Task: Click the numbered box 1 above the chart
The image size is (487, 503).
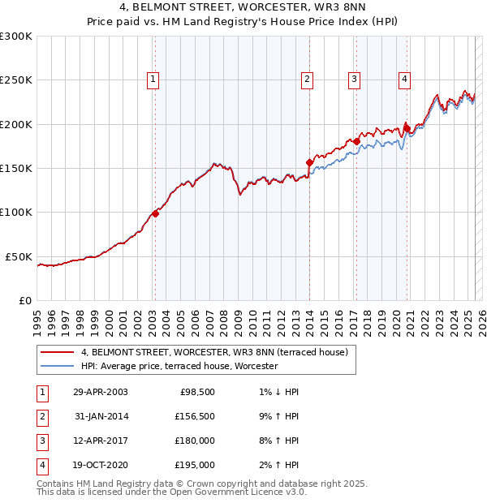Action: pos(153,79)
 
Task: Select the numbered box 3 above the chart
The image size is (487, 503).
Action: pos(355,79)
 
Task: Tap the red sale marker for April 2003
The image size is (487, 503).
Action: pos(155,214)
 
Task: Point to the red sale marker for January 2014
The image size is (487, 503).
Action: pos(309,162)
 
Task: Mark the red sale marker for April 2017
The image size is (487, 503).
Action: pos(356,141)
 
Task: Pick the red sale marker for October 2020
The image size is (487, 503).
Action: pos(407,127)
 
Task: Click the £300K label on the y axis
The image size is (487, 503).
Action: pos(16,37)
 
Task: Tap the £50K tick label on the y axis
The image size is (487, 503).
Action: pos(19,256)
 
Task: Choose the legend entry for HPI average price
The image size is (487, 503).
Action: pos(179,366)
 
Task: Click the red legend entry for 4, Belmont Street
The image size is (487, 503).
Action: pos(214,352)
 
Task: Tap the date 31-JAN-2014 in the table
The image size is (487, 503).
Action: pos(101,417)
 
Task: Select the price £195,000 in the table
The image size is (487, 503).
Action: pos(195,465)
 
